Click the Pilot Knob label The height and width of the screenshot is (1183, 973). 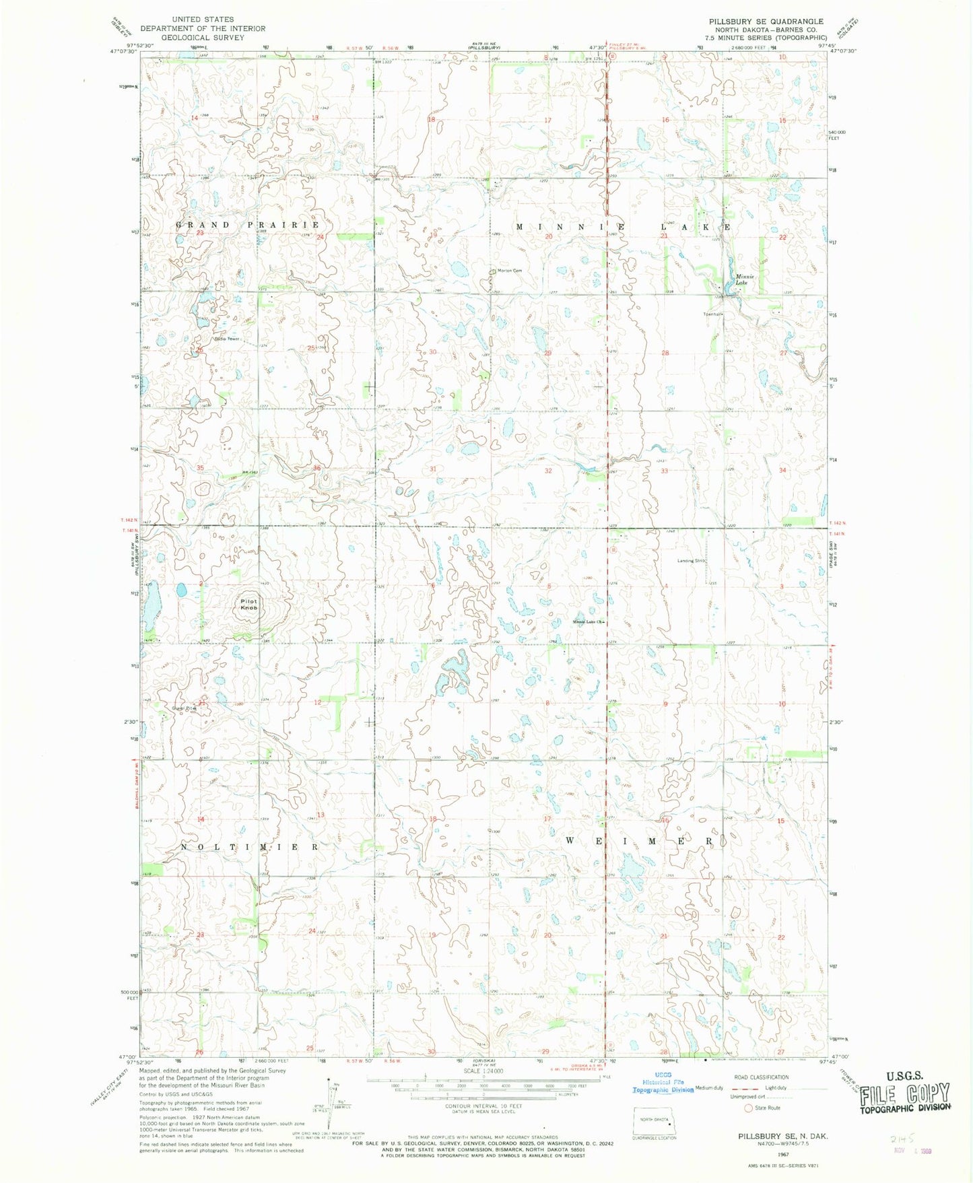(248, 604)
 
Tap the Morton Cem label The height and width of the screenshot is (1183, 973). (509, 271)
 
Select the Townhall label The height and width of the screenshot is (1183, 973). (712, 314)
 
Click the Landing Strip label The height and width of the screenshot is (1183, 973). (691, 560)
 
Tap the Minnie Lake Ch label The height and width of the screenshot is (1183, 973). (586, 622)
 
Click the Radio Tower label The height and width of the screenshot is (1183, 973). (227, 339)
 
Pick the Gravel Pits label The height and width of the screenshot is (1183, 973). (183, 708)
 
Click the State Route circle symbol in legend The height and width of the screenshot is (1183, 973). (747, 1108)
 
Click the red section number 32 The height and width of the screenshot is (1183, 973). (548, 471)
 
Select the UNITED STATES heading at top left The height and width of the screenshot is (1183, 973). (203, 20)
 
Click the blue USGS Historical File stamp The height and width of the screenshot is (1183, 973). (663, 1082)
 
